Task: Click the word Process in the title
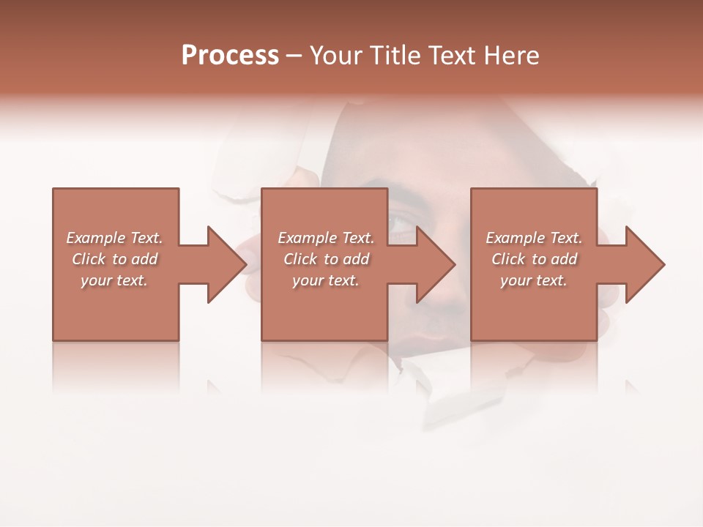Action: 230,56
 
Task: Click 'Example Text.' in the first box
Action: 114,238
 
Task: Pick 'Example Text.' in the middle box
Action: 326,238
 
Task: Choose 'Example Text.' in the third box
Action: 534,238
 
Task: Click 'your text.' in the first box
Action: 114,280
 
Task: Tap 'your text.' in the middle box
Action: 326,280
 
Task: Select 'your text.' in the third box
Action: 534,280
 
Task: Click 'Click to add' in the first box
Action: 114,259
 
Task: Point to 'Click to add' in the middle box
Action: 326,259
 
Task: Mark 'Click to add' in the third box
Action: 534,259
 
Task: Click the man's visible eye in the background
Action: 403,222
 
